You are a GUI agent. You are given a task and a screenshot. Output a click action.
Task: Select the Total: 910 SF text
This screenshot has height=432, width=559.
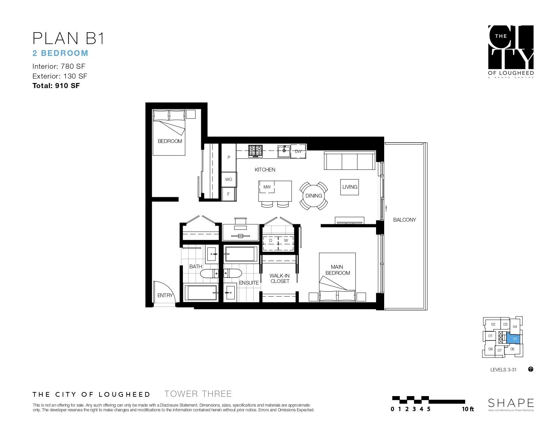(x=56, y=86)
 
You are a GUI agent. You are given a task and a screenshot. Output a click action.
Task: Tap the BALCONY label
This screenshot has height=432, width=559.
(x=404, y=220)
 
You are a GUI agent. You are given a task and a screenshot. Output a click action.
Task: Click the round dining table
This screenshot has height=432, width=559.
(x=314, y=196)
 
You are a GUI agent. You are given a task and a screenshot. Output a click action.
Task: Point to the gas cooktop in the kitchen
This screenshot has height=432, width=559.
(x=255, y=151)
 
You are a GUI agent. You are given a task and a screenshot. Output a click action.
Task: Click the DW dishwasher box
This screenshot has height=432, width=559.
(x=298, y=151)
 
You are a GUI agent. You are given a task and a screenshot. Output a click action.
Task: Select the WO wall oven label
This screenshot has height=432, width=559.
(x=229, y=179)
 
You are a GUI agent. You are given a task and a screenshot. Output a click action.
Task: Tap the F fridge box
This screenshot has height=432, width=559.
(x=229, y=194)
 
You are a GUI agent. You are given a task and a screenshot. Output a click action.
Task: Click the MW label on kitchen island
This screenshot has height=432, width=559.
(x=267, y=187)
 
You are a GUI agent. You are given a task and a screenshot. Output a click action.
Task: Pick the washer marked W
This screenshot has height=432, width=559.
(x=286, y=241)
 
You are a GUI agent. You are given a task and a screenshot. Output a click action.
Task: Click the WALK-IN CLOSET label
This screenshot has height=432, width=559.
(x=280, y=279)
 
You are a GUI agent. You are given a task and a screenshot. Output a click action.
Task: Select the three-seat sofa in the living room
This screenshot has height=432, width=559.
(x=350, y=161)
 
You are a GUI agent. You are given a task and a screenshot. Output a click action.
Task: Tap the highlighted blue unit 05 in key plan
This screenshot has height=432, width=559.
(x=515, y=338)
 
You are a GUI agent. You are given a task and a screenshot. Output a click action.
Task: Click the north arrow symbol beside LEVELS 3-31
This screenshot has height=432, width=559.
(x=531, y=369)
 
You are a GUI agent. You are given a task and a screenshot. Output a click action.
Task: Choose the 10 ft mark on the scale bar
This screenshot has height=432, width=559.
(x=468, y=409)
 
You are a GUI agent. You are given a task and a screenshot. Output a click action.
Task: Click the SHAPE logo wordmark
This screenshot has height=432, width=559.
(x=511, y=403)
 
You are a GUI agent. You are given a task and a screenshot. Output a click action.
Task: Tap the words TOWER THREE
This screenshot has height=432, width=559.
(x=198, y=394)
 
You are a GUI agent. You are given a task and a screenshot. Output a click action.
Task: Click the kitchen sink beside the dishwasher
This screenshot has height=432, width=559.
(x=284, y=151)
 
